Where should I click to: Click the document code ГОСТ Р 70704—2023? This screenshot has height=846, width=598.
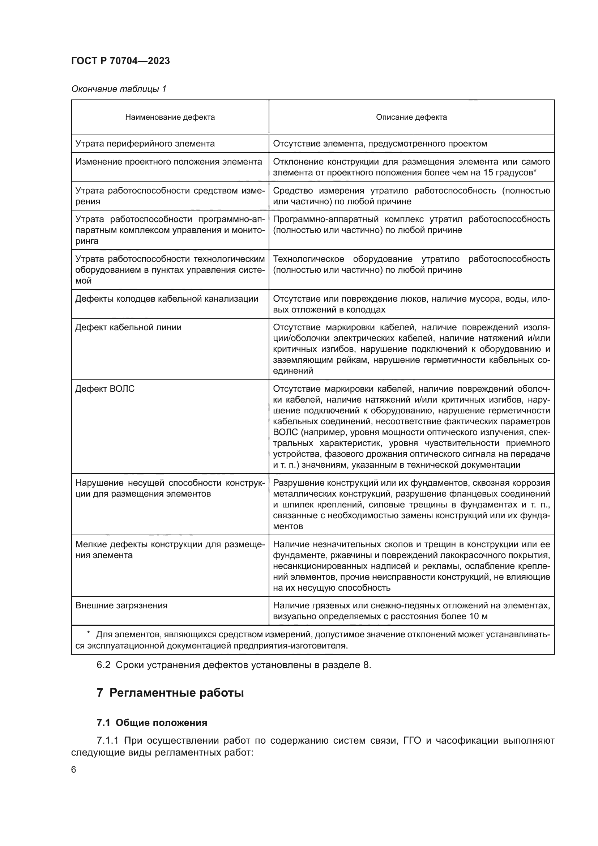point(120,61)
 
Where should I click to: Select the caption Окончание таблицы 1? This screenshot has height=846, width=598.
point(119,89)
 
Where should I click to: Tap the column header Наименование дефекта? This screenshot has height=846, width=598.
point(170,117)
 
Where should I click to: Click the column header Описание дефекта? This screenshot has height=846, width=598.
point(411,117)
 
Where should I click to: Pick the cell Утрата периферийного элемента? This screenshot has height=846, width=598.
point(145,144)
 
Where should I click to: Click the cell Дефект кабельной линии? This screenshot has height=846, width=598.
point(128,327)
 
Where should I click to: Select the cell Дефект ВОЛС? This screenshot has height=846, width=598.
point(105,389)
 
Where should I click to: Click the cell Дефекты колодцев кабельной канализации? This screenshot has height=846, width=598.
point(166,298)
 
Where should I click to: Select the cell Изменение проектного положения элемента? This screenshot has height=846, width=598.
point(168,162)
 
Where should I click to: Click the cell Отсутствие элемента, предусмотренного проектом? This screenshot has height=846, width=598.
point(380,144)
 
